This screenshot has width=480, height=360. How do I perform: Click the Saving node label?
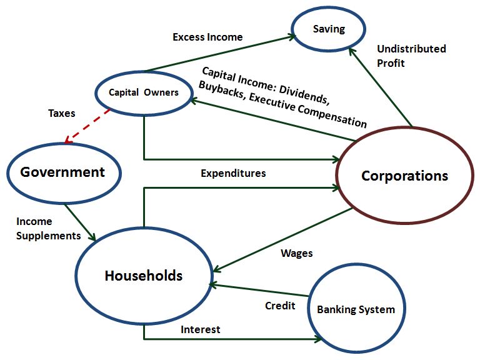[x=329, y=29]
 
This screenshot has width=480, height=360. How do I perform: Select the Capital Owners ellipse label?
[x=144, y=92]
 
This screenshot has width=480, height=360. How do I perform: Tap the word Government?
[x=62, y=172]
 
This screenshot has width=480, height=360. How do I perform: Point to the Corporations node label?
[x=405, y=176]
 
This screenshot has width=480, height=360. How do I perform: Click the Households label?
[x=144, y=276]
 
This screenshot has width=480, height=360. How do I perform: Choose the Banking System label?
[x=356, y=309]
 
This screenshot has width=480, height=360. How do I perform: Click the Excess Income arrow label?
[x=207, y=37]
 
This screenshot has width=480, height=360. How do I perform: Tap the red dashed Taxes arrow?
[x=87, y=126]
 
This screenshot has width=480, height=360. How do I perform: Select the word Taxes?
[x=61, y=113]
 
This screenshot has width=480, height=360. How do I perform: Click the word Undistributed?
[x=411, y=49]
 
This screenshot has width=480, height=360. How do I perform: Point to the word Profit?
[x=391, y=63]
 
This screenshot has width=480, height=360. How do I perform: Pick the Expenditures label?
[x=233, y=173]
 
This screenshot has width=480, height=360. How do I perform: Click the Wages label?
[x=297, y=254]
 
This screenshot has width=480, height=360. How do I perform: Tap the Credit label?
[x=280, y=306]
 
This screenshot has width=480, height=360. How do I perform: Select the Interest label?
[x=200, y=329]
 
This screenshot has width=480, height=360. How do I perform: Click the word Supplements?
[x=48, y=236]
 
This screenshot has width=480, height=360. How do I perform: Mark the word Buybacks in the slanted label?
[x=221, y=89]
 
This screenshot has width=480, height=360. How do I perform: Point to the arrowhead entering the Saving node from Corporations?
[x=352, y=51]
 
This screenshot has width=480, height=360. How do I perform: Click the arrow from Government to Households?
[x=80, y=222]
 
